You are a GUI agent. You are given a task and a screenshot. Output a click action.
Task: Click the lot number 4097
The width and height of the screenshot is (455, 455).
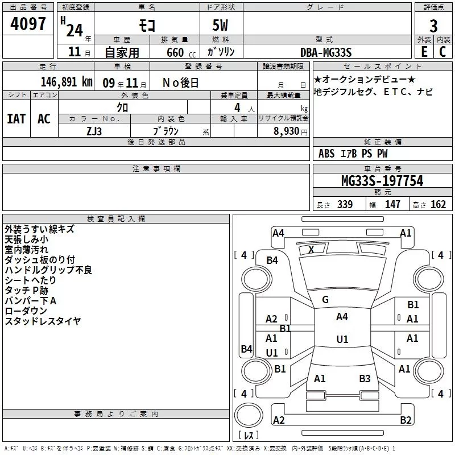coord(28,24)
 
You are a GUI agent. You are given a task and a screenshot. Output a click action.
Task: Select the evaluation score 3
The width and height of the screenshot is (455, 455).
coord(433,26)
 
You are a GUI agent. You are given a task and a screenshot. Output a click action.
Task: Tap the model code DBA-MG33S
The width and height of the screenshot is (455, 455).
coord(326,52)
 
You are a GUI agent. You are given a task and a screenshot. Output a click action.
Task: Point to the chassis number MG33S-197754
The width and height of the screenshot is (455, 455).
coord(382,181)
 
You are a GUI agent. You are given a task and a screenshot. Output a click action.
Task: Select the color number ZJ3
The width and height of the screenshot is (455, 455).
coord(94,130)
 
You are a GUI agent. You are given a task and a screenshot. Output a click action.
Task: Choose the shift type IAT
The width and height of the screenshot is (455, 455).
coord(16,119)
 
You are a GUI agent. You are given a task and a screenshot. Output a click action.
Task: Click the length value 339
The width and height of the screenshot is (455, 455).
coord(345,205)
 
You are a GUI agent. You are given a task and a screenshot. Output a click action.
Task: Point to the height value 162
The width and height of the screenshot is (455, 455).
coord(438,205)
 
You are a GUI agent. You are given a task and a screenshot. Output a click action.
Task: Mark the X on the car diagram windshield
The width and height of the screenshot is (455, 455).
coord(311,250)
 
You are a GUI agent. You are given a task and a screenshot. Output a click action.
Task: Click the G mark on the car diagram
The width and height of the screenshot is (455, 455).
coord(325,300)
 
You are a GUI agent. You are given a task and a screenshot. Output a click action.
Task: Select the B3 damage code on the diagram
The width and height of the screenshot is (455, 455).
coord(365,378)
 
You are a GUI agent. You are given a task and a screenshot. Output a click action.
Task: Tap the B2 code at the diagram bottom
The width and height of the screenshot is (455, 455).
coord(406,420)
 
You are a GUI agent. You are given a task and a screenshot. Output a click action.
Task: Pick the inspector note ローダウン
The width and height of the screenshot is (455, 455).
coord(26,311)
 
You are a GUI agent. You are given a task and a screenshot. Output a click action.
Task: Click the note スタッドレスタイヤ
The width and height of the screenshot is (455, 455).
coord(43,321)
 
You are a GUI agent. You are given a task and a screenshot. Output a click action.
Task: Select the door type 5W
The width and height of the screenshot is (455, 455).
coord(222,26)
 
